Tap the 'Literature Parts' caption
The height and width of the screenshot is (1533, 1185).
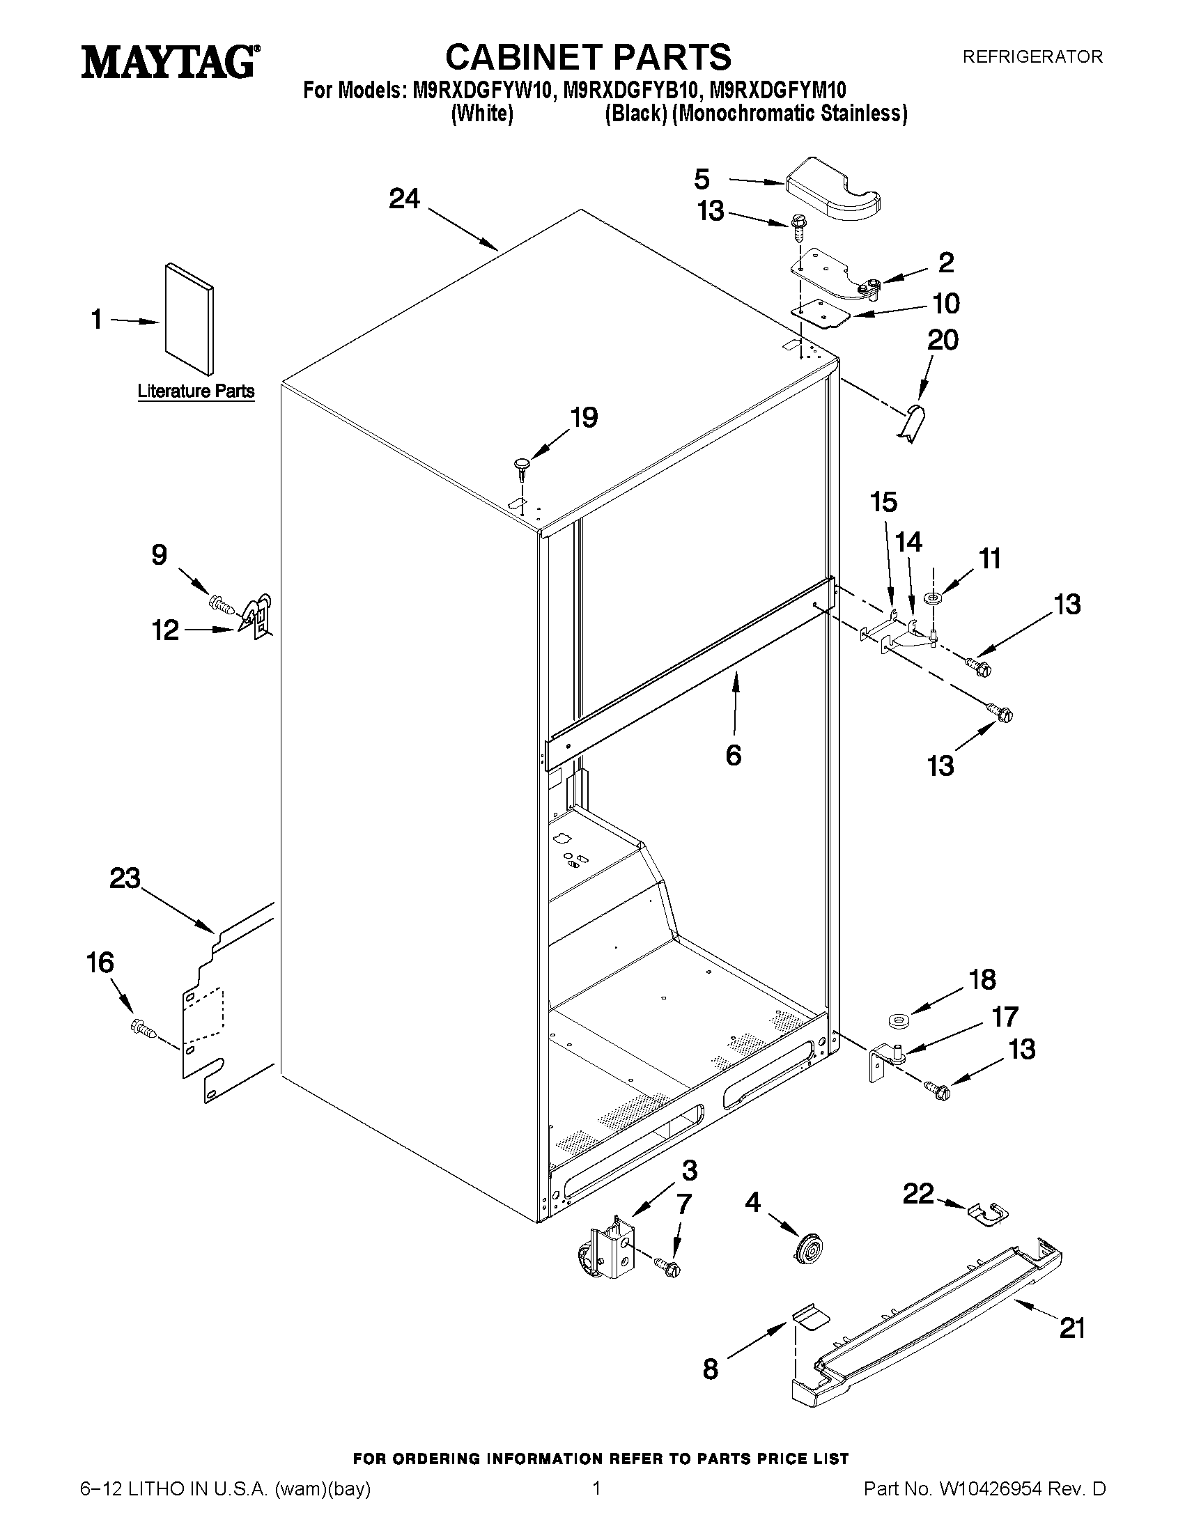pos(196,391)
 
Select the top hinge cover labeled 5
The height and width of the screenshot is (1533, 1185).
pos(833,185)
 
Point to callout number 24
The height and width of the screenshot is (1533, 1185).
pos(404,199)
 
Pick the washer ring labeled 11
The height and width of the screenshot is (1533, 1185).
pos(933,598)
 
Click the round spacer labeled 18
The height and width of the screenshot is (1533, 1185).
pos(897,1019)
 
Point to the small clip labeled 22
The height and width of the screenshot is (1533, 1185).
pos(986,1214)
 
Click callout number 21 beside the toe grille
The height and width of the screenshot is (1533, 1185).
pos(1072,1328)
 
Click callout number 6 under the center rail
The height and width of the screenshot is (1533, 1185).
pos(733,755)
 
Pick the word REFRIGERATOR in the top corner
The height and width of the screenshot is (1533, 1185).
pos(1032,57)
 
